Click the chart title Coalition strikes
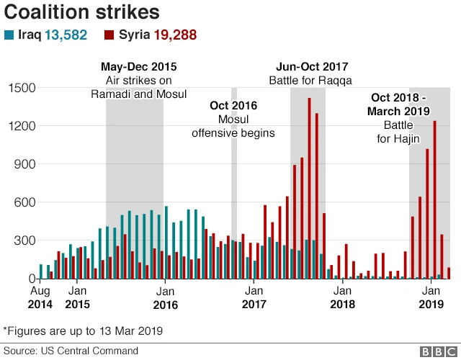pyautogui.click(x=82, y=12)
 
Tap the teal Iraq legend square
pyautogui.click(x=9, y=35)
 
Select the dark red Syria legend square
pyautogui.click(x=109, y=35)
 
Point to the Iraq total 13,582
pyautogui.click(x=66, y=35)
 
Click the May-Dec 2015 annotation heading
pyautogui.click(x=138, y=67)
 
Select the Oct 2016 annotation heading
pyautogui.click(x=233, y=106)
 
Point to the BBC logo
pyautogui.click(x=434, y=351)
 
